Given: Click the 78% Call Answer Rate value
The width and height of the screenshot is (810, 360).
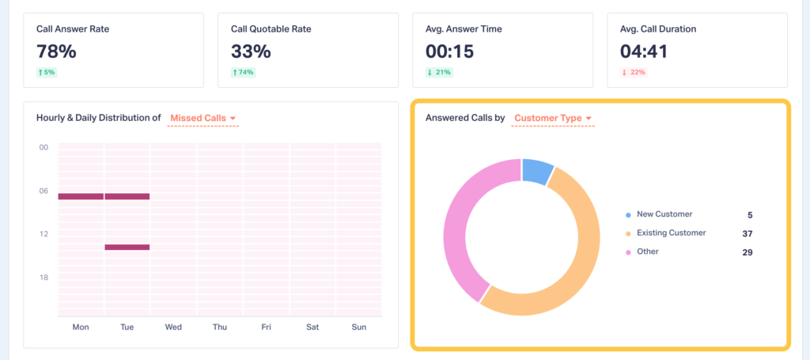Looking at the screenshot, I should pos(56,51).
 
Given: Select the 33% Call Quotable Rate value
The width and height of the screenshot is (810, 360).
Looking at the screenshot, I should pos(251,51).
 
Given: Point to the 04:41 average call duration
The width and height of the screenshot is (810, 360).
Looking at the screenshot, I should pos(644,51).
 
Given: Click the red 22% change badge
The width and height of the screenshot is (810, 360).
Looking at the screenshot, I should pos(634,73).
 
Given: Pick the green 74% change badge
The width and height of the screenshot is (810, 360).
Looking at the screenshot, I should pos(244,73).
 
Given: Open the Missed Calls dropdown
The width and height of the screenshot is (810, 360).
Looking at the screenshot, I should pos(203,119).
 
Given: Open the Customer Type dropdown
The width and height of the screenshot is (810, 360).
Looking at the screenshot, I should pos(553,119).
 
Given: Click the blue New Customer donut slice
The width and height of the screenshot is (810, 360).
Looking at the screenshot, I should pos(538,170).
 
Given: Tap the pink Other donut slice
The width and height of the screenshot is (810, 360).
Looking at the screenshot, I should pos(459,229).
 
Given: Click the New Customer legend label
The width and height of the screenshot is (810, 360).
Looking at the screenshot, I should pos(664,214).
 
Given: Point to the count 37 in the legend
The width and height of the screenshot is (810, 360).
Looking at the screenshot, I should pos(748,233).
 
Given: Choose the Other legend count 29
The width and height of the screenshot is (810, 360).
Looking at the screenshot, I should pos(748,252).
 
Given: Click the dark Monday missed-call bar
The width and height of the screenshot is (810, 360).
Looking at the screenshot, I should pos(81,196).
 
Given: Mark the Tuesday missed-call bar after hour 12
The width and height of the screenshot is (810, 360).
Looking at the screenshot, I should pos(127,247).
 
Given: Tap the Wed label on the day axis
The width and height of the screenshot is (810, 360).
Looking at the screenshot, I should pos(173,327).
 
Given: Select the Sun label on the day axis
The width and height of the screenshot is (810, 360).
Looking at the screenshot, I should pos(359,327).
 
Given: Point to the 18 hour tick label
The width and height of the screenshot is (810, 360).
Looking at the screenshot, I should pos(44,277).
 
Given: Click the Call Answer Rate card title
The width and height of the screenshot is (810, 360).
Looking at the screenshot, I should pos(73,28).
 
